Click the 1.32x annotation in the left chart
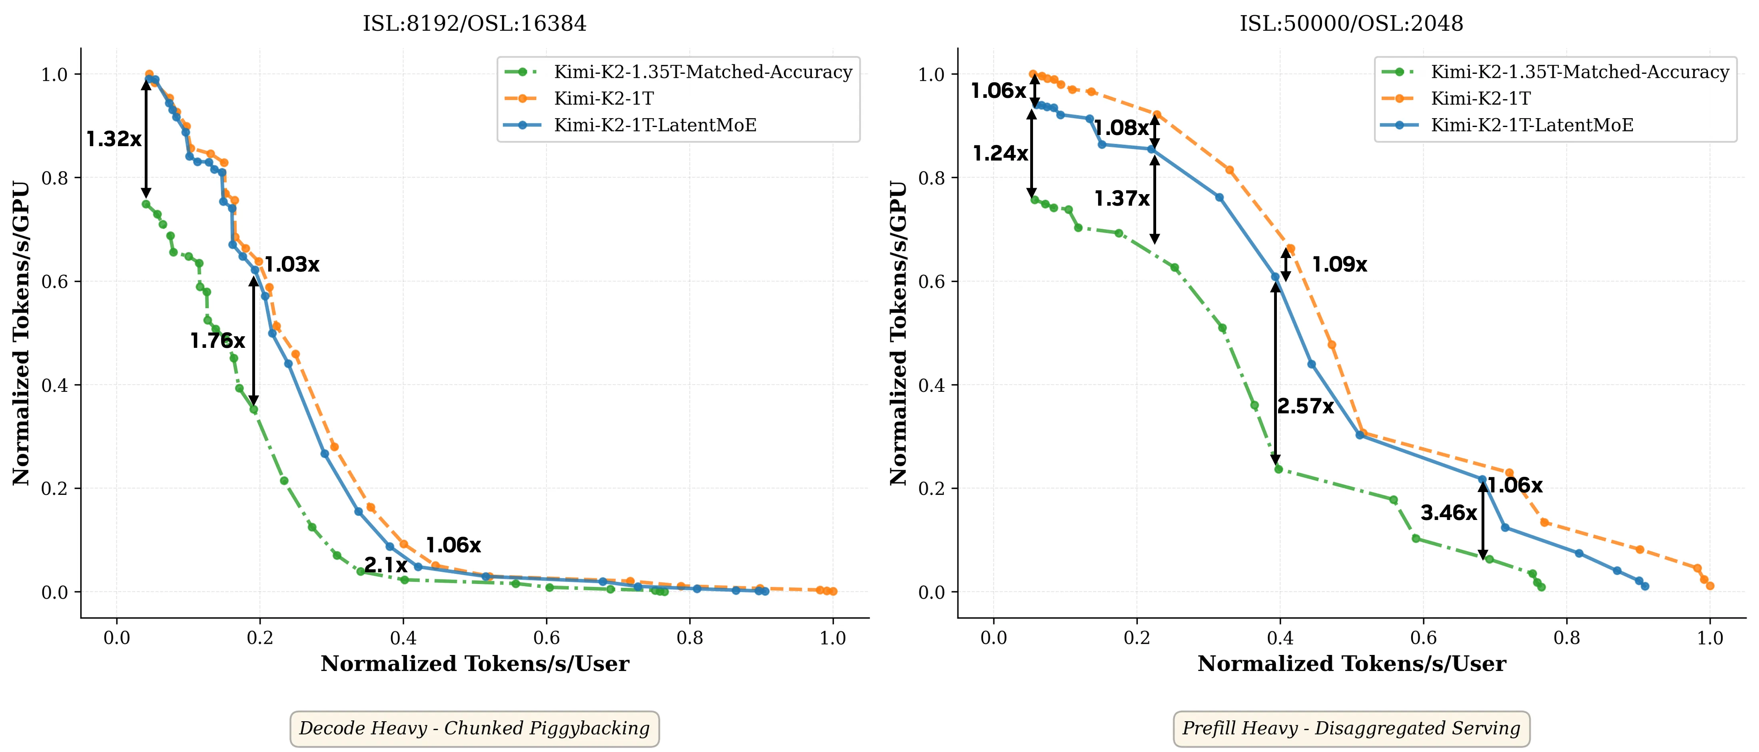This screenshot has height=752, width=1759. point(114,139)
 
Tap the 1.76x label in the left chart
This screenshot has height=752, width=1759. point(217,341)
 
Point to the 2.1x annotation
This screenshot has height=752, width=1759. point(386,565)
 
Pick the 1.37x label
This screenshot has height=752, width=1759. point(1122,198)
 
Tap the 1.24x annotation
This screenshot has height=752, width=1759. point(1000,153)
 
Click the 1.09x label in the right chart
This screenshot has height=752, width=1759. point(1340,265)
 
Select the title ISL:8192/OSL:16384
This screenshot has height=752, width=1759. point(475,24)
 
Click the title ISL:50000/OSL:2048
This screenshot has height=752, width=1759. point(1351,24)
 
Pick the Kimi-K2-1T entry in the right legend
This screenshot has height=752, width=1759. point(1480,99)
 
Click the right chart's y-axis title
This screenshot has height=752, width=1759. point(899,333)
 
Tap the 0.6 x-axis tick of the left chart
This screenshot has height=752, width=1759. point(546,639)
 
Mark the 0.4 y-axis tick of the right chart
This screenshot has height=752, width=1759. point(932,385)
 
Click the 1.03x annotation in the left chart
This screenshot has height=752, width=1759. point(291,265)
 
